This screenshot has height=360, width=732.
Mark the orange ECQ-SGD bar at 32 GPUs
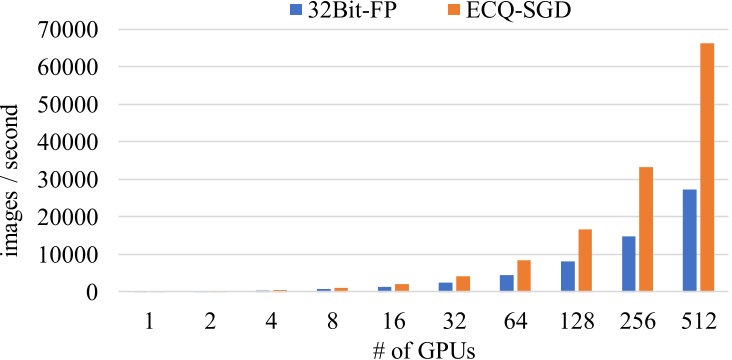point(462,284)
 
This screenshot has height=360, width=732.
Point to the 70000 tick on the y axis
point(65,30)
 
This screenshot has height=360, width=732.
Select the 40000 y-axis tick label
point(65,142)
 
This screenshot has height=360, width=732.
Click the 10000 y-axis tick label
point(65,255)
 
